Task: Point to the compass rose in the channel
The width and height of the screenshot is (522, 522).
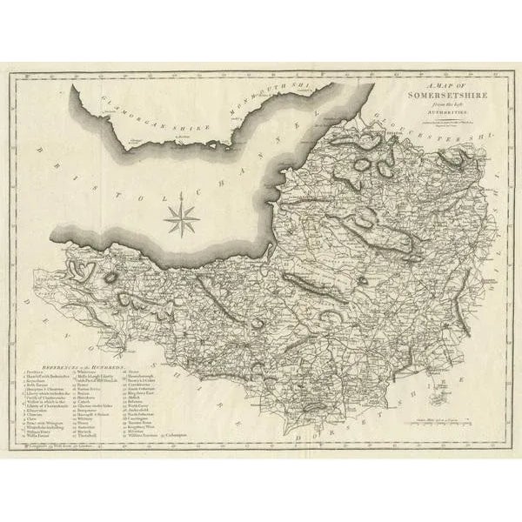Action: pos(181,217)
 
